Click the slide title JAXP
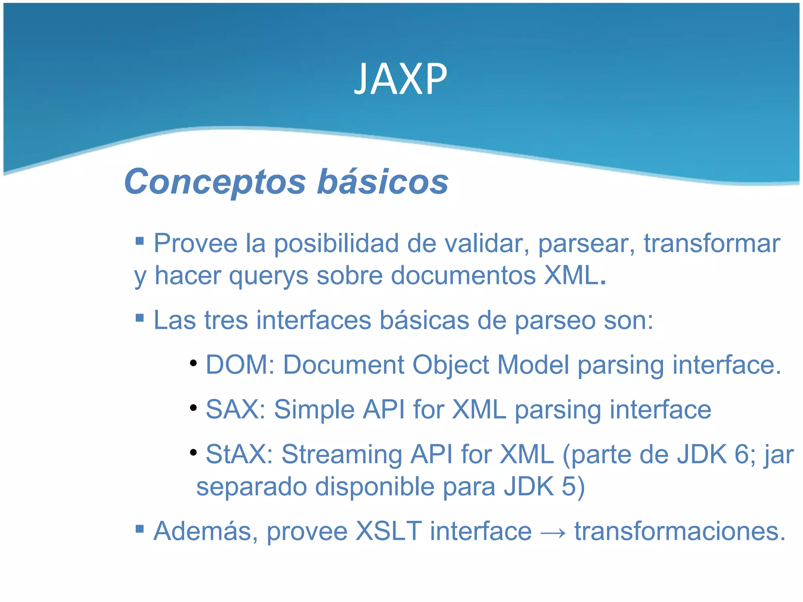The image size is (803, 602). [x=400, y=80]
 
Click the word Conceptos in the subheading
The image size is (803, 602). [x=214, y=182]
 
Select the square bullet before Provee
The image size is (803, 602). [x=140, y=240]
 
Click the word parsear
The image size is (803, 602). [x=586, y=244]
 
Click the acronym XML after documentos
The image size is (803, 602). [x=571, y=276]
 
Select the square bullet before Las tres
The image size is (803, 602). [x=140, y=317]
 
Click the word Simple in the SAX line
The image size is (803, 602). [x=314, y=410]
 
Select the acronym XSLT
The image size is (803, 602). [x=389, y=532]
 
